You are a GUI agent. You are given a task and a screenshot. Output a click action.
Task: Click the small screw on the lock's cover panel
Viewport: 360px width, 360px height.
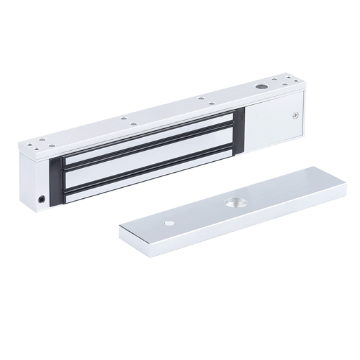click(x=296, y=117)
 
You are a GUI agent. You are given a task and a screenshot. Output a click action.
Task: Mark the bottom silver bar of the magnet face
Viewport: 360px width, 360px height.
click(x=151, y=178)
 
